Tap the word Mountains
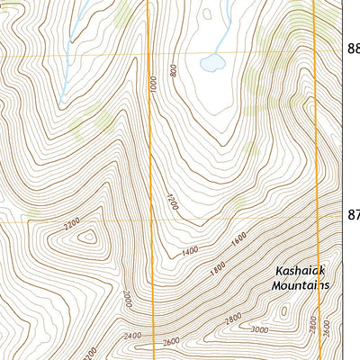tap(301, 285)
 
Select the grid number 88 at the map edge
tap(353, 51)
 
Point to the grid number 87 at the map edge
tap(353, 215)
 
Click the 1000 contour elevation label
tap(155, 85)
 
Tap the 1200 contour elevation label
tap(171, 201)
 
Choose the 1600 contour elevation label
tap(238, 239)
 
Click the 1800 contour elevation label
tap(216, 267)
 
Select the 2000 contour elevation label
tap(128, 298)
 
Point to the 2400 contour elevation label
tap(133, 336)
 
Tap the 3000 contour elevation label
tap(260, 330)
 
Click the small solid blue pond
tap(212, 63)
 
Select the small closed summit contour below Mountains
tap(284, 312)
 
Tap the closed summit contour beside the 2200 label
tap(88, 237)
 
